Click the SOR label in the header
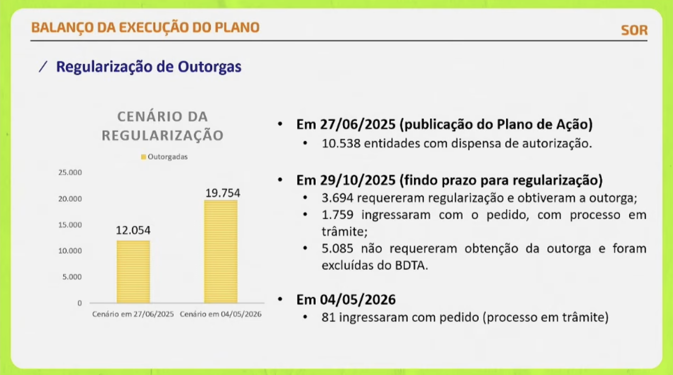coord(634,30)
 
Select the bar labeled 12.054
coord(133,272)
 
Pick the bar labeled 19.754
coord(221,252)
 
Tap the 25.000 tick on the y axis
coord(70,172)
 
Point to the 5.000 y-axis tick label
coord(72,276)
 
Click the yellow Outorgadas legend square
coord(144,157)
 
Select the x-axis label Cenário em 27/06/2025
coord(133,314)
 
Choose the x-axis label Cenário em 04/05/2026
coord(220,314)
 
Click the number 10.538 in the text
coord(341,143)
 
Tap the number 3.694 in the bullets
coord(337,198)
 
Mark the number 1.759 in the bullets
coord(337,215)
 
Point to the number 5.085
coord(337,248)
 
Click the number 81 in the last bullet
coord(328,317)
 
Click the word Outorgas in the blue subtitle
coord(209,66)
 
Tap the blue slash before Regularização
coord(43,66)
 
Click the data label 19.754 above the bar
coord(223,193)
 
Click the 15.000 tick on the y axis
coord(70,225)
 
